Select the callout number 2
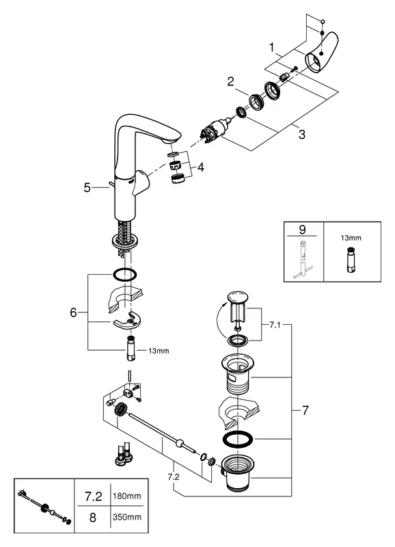pyautogui.click(x=232, y=81)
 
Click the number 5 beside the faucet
pyautogui.click(x=87, y=187)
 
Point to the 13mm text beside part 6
pyautogui.click(x=159, y=351)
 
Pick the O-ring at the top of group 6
pyautogui.click(x=124, y=276)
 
